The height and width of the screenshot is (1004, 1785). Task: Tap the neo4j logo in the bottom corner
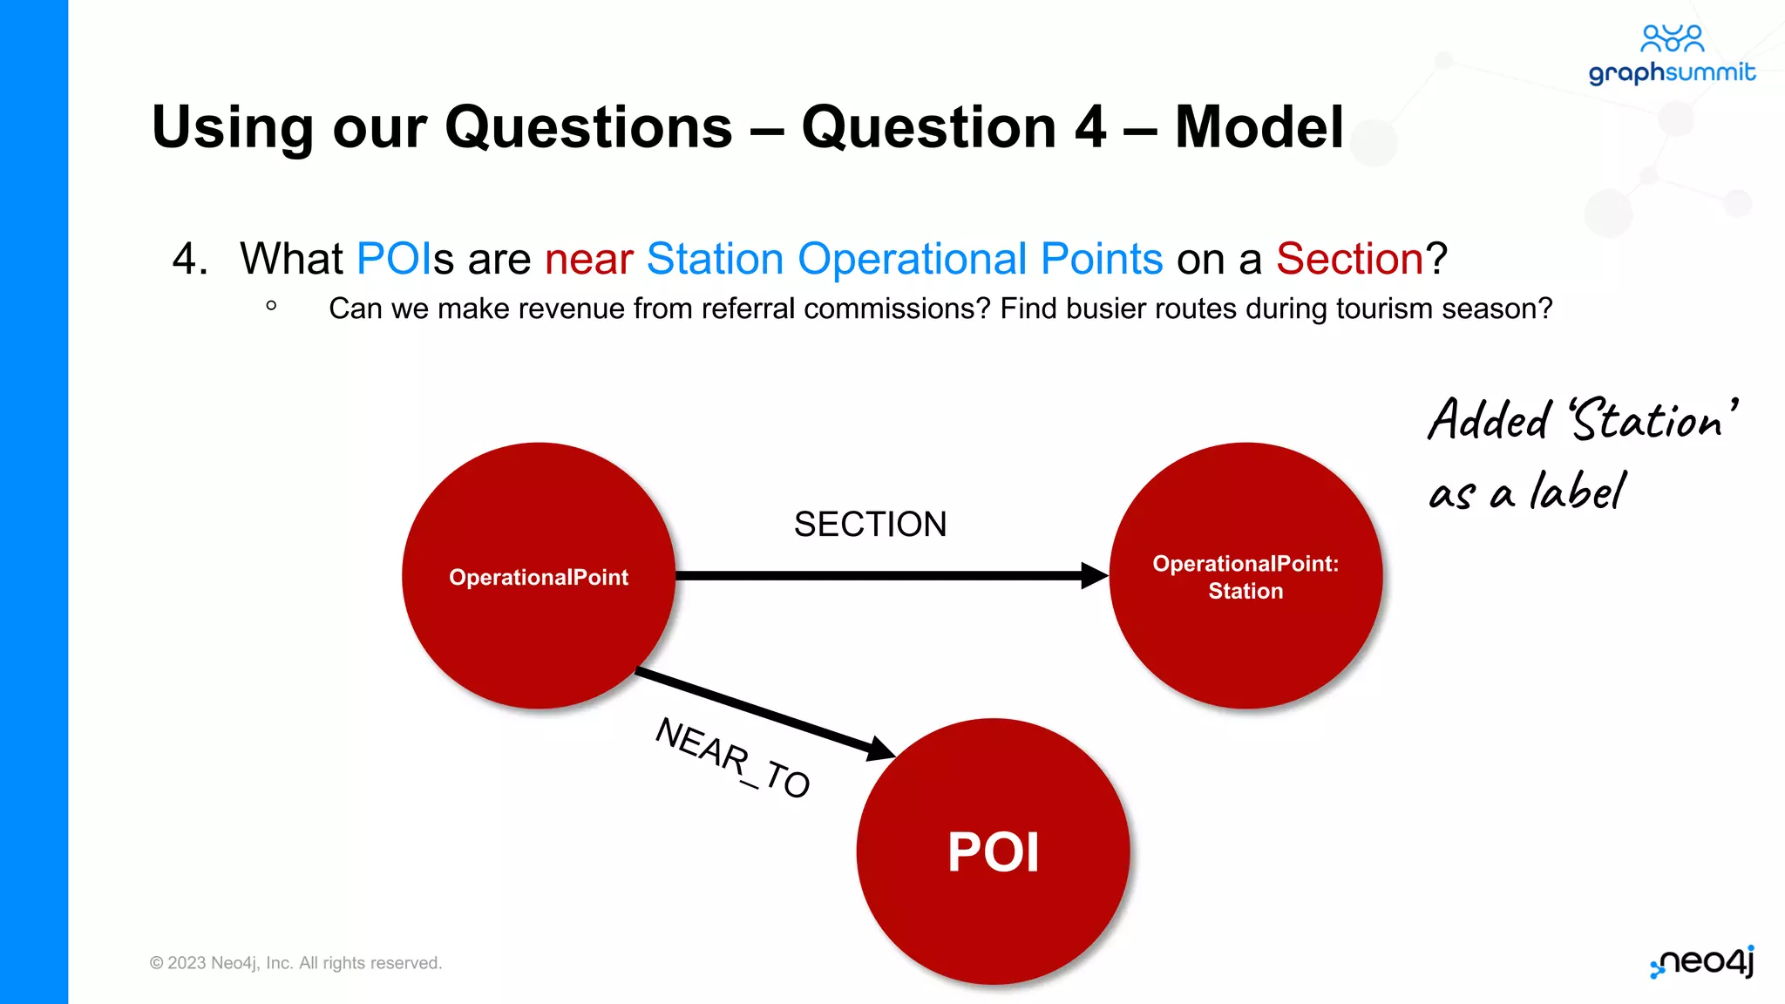coord(1703,962)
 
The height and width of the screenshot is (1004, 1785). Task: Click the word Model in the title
coord(1259,127)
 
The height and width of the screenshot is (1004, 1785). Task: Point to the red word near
coord(588,259)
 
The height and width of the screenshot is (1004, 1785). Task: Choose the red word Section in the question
coord(1349,259)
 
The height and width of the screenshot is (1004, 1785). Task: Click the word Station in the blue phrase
coord(715,259)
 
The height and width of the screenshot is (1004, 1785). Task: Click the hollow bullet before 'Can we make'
coord(271,306)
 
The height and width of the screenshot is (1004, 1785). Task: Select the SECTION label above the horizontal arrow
coord(870,525)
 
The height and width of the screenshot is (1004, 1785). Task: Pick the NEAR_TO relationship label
coord(732,756)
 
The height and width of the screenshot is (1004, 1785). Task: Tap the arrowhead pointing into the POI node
coord(879,748)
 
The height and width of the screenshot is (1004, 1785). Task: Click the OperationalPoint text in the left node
coord(539,577)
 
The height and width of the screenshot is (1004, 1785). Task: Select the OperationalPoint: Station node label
coord(1245,577)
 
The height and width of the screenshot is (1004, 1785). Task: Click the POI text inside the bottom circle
coord(993,851)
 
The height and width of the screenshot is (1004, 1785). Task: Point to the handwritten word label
coord(1578,491)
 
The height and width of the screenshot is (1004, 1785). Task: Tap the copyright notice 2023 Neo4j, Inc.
coord(295,963)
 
